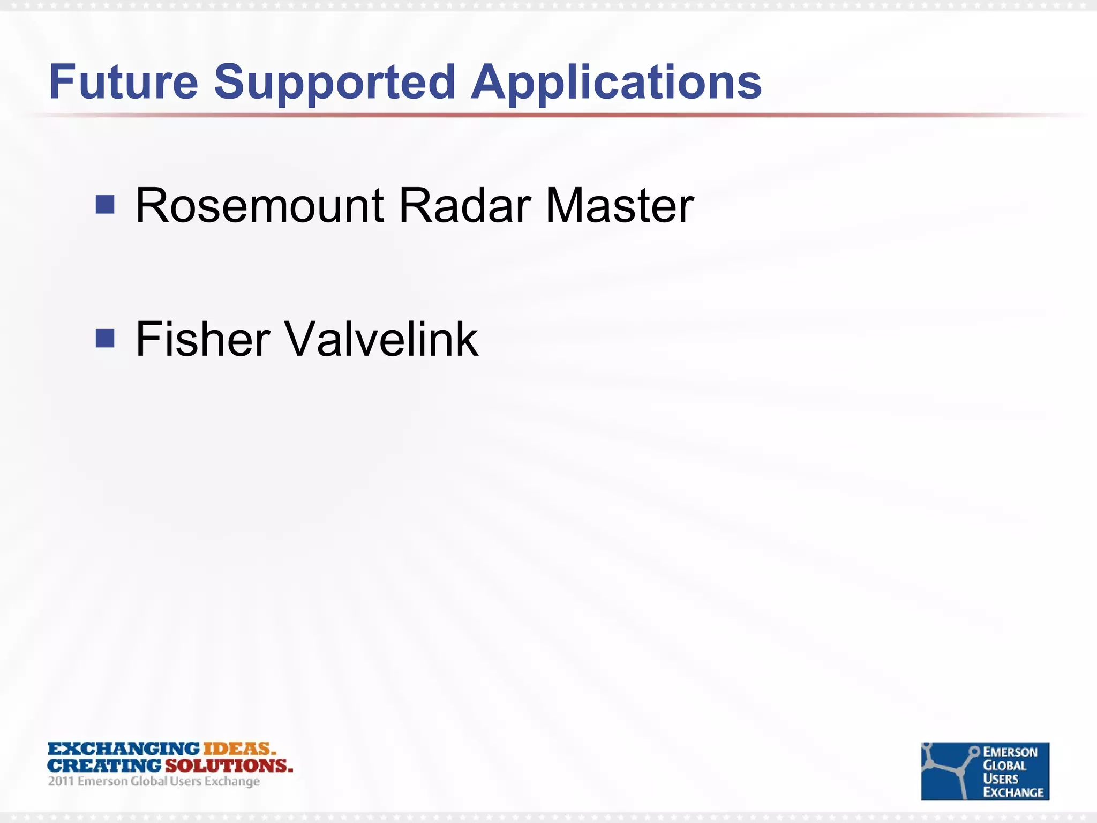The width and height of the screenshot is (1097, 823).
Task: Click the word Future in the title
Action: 124,82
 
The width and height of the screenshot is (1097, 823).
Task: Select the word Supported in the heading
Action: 335,82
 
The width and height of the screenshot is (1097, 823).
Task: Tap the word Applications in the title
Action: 616,83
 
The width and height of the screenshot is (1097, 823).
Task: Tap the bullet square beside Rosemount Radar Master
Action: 105,204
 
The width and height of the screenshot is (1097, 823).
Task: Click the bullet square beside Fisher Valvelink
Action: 105,338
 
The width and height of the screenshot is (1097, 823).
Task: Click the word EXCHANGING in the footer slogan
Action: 124,749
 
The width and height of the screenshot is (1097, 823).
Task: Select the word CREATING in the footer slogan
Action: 104,766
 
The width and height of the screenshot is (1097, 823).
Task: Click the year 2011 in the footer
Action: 61,782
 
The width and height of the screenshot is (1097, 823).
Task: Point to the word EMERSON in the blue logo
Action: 1010,752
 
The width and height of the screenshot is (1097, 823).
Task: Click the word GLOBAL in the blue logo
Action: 1004,766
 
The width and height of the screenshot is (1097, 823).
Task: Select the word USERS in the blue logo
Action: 1001,779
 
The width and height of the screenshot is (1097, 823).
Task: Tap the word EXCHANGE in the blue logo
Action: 1013,792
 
